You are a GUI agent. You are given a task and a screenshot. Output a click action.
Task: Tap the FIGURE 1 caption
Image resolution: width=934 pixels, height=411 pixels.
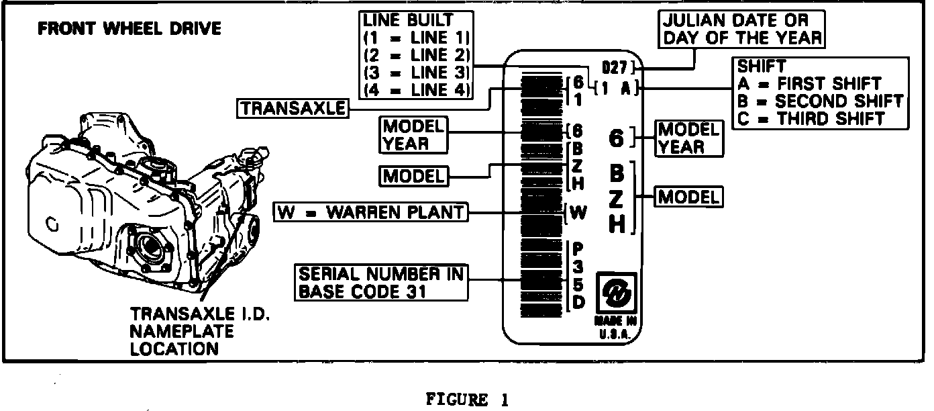(x=467, y=400)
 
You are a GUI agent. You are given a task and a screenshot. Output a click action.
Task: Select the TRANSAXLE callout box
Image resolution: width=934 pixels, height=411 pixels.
(x=293, y=109)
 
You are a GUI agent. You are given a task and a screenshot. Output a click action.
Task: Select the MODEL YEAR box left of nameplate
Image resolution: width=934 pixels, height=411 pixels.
(x=413, y=134)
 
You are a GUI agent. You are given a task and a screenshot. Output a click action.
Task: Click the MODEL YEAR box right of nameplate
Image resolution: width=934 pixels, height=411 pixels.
(x=688, y=138)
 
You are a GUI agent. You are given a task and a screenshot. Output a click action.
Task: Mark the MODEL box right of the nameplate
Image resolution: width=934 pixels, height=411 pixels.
(x=689, y=197)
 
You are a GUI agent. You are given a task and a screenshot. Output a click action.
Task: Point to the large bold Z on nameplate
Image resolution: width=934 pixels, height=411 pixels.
(x=617, y=199)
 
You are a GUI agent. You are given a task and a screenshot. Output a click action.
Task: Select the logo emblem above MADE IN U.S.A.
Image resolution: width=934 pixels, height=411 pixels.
(x=615, y=292)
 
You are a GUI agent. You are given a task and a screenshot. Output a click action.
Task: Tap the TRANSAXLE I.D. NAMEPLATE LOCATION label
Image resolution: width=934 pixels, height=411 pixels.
(x=182, y=332)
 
